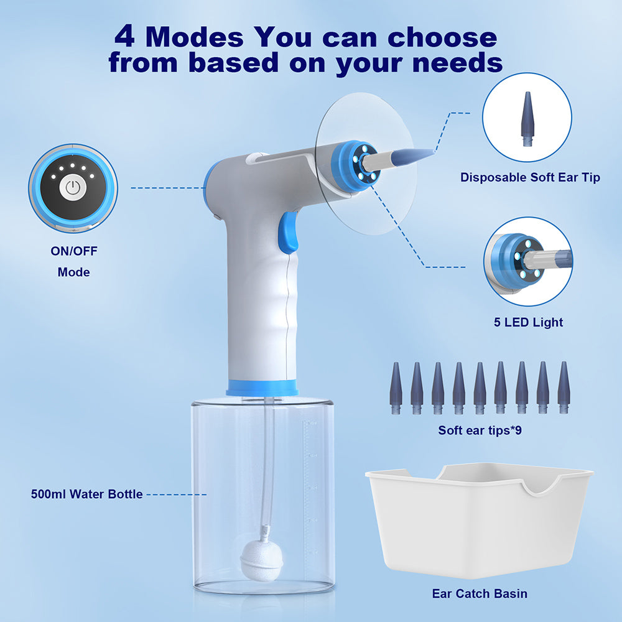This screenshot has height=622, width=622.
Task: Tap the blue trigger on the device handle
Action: coord(287,232)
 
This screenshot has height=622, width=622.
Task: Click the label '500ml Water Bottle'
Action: coord(87,494)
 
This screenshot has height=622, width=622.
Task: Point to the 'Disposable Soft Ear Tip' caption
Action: coord(530,177)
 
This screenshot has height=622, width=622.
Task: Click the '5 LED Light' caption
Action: coord(526,322)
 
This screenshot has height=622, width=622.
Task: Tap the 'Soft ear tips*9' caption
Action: coord(480,430)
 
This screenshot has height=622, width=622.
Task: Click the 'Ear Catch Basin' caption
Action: coord(480,593)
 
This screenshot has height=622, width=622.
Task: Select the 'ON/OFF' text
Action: coord(74,252)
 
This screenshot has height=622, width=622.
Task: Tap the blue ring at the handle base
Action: coord(262,387)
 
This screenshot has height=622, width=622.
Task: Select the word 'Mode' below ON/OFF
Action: coord(74,272)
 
